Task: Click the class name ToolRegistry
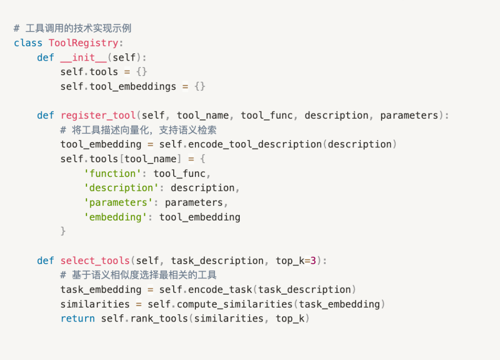tap(83, 43)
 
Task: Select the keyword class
tap(28, 43)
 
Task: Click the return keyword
tap(78, 318)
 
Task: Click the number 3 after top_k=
tap(313, 260)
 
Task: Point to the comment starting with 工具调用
tap(73, 28)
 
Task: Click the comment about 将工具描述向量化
tap(138, 130)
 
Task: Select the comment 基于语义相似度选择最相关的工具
tap(138, 275)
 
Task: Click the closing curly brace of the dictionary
tap(63, 231)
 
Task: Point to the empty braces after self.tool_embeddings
tap(200, 86)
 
